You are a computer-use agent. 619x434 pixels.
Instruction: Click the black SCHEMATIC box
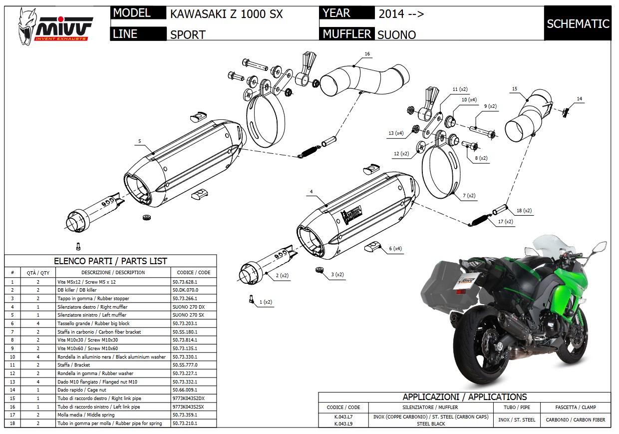coord(578,23)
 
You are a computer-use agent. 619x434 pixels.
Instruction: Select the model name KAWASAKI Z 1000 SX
coord(227,13)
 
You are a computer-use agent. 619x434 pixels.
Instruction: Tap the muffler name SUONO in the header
coord(396,34)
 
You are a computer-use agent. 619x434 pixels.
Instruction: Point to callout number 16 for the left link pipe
coord(367,53)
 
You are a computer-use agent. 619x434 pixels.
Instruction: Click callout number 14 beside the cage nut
coord(579,99)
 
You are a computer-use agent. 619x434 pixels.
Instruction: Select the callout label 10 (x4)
coord(469,100)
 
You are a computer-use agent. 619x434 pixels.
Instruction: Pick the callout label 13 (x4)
coord(396,133)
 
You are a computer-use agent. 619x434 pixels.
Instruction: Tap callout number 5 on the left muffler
coord(140,141)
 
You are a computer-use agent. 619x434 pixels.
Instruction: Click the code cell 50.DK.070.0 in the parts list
coord(185,290)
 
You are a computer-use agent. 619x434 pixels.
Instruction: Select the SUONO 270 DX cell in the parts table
coord(187,307)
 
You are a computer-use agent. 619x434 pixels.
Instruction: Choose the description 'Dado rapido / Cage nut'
coord(81,390)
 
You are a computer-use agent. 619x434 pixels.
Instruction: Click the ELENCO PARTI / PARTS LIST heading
coord(110,261)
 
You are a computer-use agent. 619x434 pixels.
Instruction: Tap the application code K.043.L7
coord(343,416)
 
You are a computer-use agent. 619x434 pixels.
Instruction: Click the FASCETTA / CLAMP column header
coord(578,407)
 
